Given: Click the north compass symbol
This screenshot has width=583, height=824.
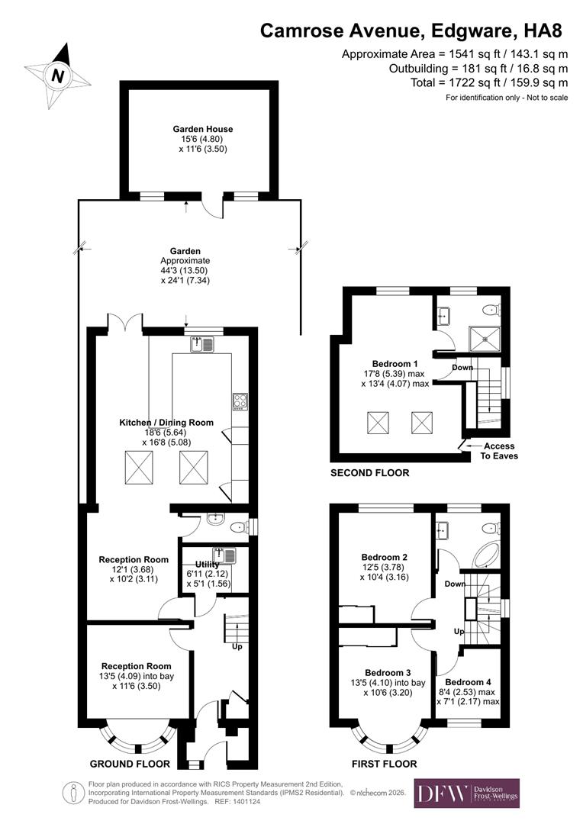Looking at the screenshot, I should [57, 75].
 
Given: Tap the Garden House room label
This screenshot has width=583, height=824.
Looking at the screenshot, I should [202, 130].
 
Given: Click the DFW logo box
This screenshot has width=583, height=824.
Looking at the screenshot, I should [466, 793].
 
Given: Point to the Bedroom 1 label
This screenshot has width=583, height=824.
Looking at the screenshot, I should [395, 363].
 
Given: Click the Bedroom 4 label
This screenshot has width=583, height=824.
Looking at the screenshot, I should [469, 682].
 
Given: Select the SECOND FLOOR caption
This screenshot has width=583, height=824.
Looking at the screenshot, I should [369, 473].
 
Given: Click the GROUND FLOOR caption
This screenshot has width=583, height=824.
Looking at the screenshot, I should [130, 764].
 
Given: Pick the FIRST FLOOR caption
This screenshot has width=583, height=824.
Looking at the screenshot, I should [384, 764].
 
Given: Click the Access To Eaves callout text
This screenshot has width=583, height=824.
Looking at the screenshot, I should [498, 451].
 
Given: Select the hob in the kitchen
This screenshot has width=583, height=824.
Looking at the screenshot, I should [240, 401].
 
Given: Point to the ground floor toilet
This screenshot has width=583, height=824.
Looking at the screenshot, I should [240, 526].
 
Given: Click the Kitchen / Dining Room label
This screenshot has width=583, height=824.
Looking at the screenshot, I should [166, 423].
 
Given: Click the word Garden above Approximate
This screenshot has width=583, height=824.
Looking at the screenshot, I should [185, 251].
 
